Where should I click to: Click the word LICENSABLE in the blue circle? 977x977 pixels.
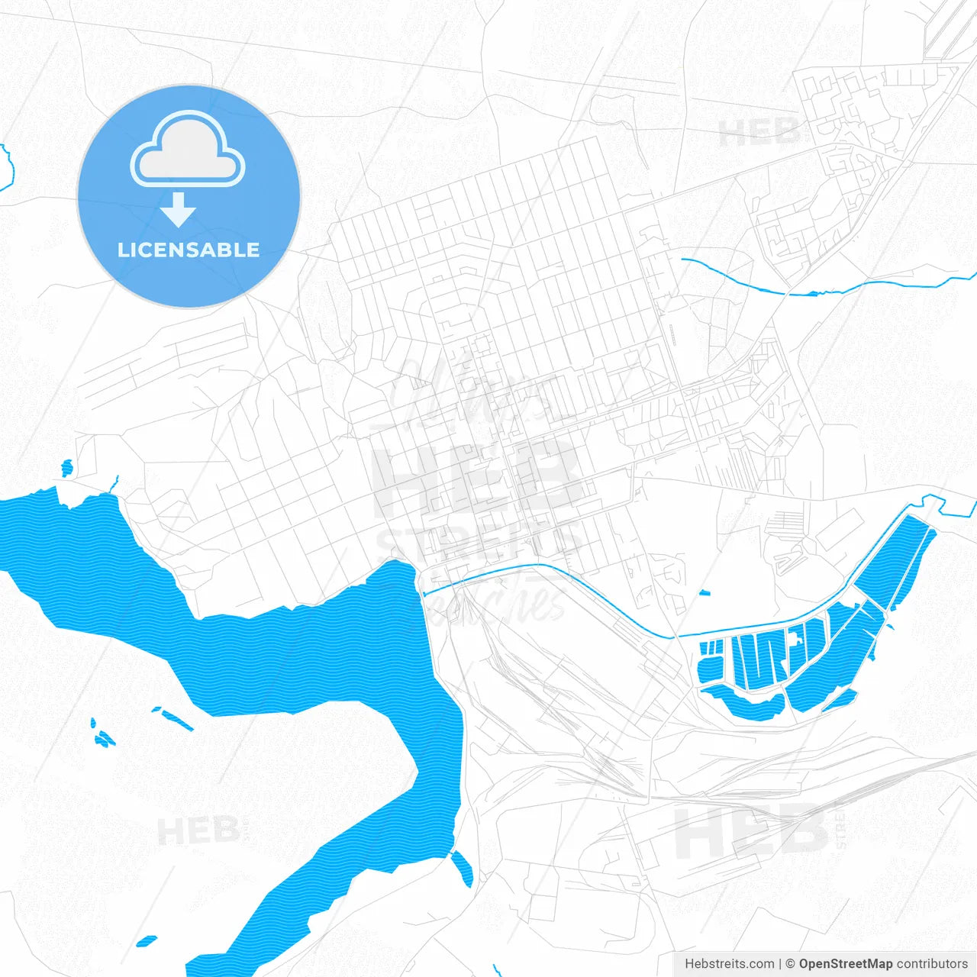[x=189, y=250]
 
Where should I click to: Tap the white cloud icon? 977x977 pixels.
[x=188, y=150]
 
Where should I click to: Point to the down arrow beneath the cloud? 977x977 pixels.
[x=179, y=210]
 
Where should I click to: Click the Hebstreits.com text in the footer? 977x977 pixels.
[x=729, y=964]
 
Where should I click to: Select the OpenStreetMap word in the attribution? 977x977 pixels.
[x=845, y=964]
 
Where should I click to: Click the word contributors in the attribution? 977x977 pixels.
[x=932, y=964]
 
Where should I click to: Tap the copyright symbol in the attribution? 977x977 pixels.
[x=790, y=964]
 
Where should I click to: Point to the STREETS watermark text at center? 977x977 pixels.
[x=477, y=543]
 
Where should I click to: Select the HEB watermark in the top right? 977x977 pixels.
[x=759, y=133]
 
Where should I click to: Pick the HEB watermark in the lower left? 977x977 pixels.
[x=198, y=830]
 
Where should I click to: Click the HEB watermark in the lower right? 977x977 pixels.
[x=752, y=832]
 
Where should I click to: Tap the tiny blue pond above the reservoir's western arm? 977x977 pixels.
[x=66, y=467]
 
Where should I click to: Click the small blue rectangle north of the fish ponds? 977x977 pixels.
[x=704, y=592]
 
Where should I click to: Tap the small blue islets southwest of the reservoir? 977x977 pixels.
[x=102, y=737]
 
